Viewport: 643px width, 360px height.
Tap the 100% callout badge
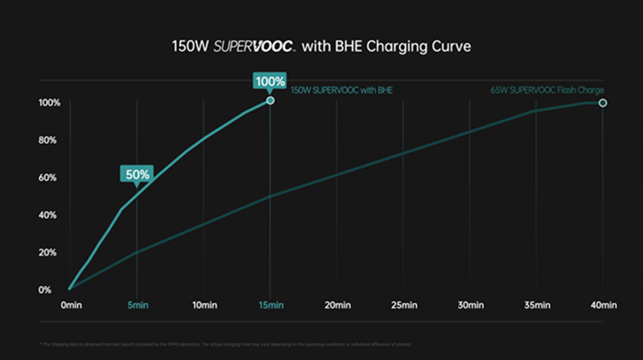270,81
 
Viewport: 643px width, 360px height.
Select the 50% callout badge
136,174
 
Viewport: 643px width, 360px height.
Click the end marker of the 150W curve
270,100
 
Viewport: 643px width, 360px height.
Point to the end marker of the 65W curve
603,103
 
